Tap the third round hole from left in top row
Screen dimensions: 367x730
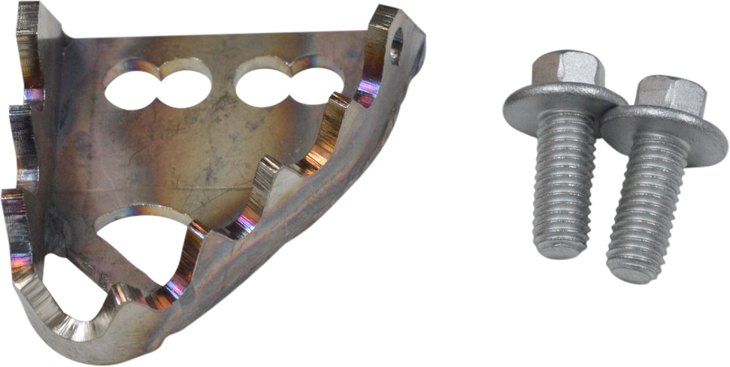pyautogui.click(x=262, y=86)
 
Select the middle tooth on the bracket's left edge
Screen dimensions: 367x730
pyautogui.click(x=23, y=139)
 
